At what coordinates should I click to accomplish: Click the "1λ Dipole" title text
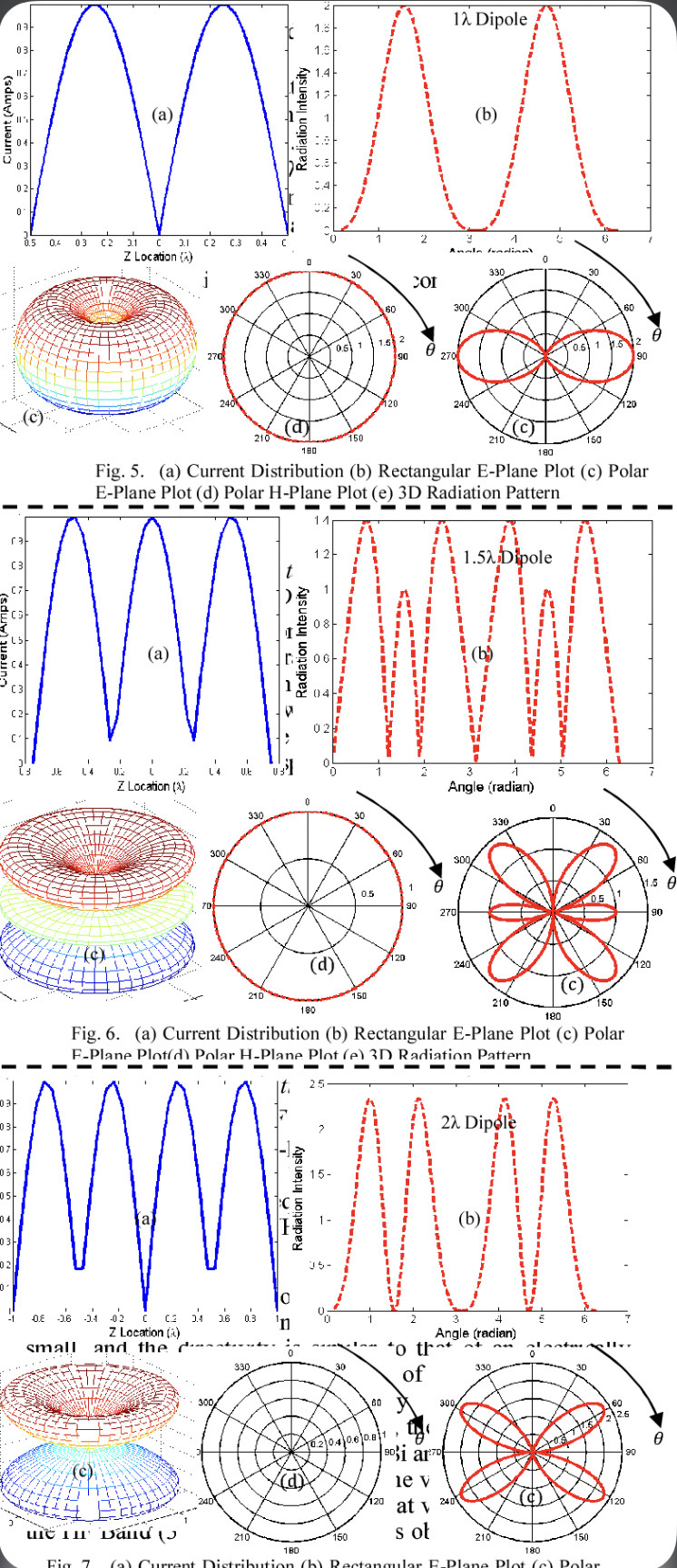click(x=490, y=19)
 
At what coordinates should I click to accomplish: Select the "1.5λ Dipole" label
click(x=502, y=557)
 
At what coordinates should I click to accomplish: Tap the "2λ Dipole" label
click(x=478, y=1123)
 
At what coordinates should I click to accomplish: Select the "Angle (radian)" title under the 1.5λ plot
click(x=491, y=786)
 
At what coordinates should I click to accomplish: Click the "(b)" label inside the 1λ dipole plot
click(x=487, y=115)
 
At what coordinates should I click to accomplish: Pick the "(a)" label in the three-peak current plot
click(x=159, y=653)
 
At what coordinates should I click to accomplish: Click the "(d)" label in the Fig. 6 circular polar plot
click(x=322, y=964)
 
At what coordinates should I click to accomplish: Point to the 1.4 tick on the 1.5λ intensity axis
click(x=322, y=521)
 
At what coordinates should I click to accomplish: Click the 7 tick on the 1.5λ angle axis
click(x=651, y=773)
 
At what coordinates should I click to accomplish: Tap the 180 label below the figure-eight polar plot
click(x=546, y=451)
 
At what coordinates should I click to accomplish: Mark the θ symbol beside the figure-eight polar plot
click(x=656, y=336)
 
